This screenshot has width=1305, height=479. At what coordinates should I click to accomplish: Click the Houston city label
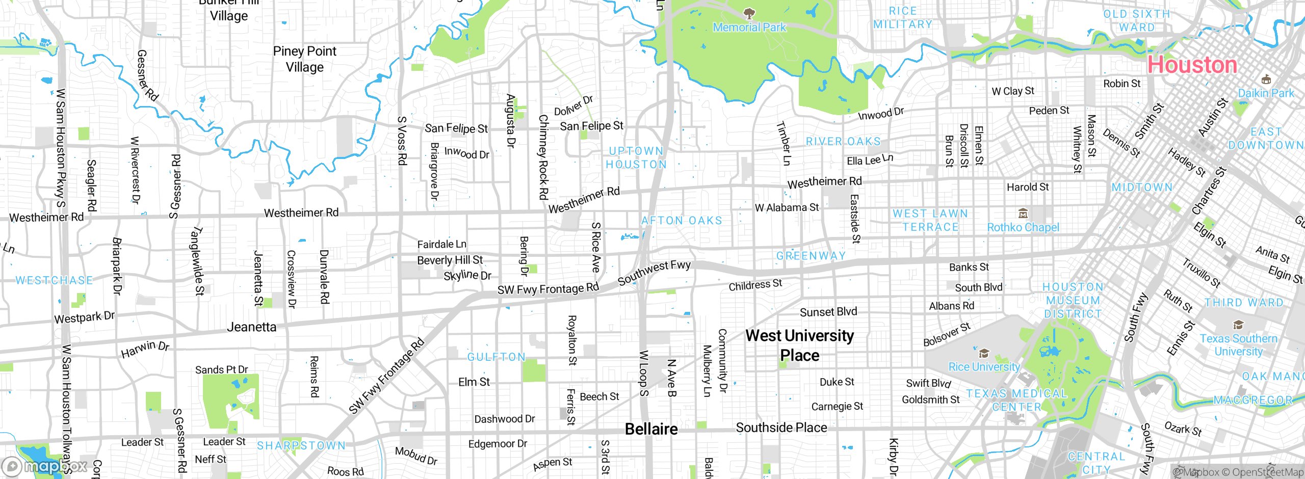1192,65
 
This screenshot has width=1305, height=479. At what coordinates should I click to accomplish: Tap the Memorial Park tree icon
749,13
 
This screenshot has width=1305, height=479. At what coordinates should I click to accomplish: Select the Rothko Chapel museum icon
1023,213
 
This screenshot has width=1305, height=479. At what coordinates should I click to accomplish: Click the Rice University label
984,367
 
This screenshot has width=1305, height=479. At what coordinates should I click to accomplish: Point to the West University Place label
799,345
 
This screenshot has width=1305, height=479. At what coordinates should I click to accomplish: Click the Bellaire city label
651,429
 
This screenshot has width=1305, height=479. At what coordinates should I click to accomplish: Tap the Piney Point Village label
304,59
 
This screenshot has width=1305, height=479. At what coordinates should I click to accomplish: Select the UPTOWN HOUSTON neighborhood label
636,157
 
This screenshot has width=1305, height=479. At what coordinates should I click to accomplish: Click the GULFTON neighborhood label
497,357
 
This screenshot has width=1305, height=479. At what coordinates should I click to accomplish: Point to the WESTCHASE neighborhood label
54,280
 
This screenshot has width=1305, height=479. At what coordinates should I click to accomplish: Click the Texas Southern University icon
1238,325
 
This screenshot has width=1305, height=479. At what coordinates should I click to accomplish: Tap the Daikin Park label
1266,93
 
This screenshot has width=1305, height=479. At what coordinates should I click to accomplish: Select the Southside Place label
781,428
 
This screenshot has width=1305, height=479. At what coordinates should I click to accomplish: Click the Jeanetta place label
251,327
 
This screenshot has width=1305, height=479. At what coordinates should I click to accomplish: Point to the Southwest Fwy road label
654,273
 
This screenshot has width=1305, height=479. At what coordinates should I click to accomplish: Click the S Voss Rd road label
402,141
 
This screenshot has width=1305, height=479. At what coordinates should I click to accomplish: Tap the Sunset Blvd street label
828,311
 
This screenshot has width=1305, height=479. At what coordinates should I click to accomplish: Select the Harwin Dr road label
145,349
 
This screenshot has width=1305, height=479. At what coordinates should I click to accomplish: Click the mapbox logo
44,466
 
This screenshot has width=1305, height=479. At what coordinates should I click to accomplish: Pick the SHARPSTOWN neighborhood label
301,445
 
